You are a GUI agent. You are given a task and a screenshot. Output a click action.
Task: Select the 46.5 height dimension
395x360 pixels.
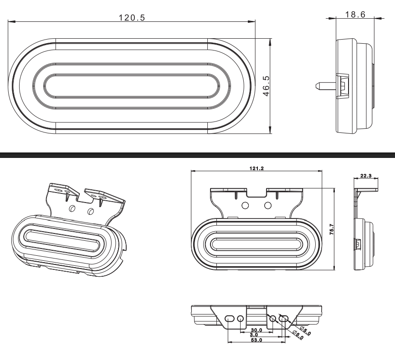click(266, 85)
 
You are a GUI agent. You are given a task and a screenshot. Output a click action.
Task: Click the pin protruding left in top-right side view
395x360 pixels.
click(325, 85)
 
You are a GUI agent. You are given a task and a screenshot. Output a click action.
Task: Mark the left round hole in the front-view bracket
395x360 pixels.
click(245, 205)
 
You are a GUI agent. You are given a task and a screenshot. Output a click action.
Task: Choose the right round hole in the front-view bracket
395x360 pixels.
click(268, 205)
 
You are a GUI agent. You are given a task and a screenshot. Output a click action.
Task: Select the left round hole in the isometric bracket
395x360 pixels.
click(72, 208)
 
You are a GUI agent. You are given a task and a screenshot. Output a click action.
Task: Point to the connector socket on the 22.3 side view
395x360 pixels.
click(357, 245)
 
